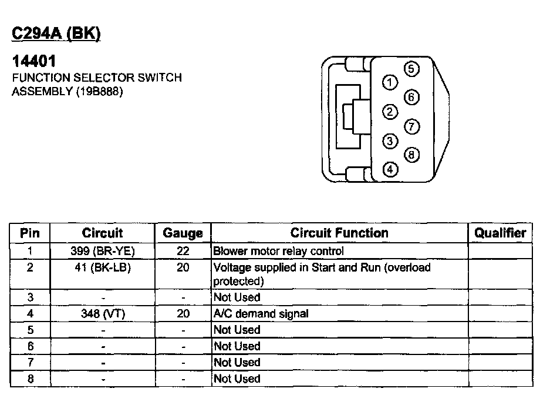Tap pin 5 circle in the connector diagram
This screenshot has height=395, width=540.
(412, 69)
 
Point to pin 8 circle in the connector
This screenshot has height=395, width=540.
(412, 155)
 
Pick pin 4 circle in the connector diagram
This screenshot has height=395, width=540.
(390, 170)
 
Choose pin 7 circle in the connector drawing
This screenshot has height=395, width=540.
(412, 126)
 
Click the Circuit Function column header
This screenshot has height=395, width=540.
(339, 233)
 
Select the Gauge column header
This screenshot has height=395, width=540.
(183, 233)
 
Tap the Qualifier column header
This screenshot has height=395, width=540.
(500, 233)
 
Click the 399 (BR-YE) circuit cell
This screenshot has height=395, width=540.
(103, 251)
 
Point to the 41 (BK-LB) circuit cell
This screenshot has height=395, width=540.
(103, 267)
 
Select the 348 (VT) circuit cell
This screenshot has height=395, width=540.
(103, 314)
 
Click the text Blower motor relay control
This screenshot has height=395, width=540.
(278, 251)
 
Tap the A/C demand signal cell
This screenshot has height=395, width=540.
(261, 314)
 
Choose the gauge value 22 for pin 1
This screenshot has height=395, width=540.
(183, 251)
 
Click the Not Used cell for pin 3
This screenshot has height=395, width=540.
(237, 297)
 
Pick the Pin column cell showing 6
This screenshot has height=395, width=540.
(30, 347)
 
